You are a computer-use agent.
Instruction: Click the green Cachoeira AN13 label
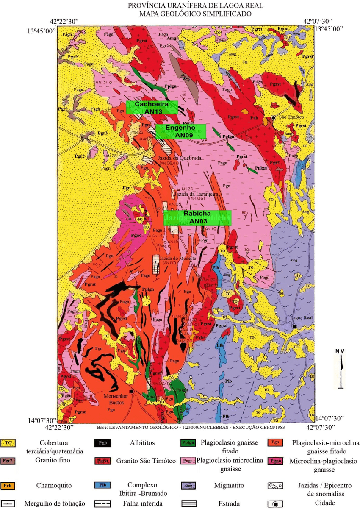click(151, 108)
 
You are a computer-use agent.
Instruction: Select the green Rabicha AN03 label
click(197, 217)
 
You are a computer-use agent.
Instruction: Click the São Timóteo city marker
click(274, 117)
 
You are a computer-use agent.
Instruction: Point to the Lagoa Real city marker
click(294, 326)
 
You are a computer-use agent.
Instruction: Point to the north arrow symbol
click(341, 369)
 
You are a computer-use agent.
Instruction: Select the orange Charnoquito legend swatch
click(8, 485)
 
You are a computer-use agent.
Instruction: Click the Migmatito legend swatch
click(189, 485)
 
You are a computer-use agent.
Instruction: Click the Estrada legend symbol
click(189, 503)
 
